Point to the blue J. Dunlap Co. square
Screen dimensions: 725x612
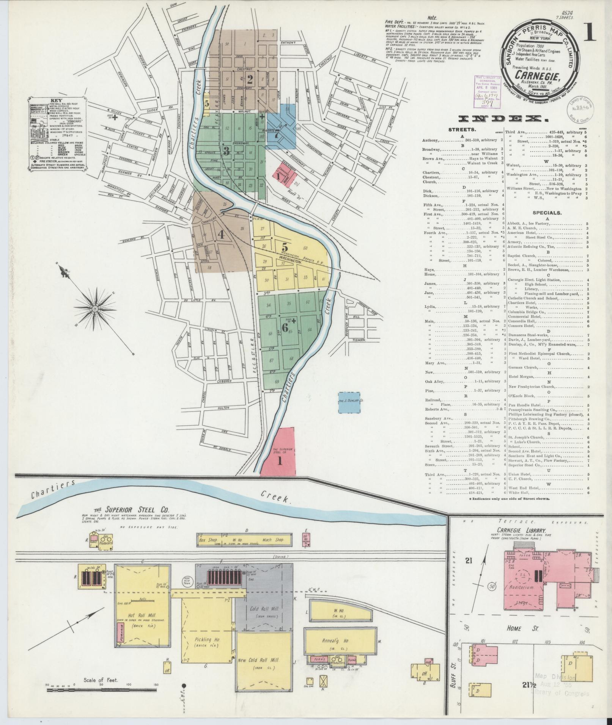[x=350, y=402]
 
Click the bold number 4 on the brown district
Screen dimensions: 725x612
[x=220, y=235]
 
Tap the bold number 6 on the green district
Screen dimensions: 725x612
[x=285, y=328]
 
